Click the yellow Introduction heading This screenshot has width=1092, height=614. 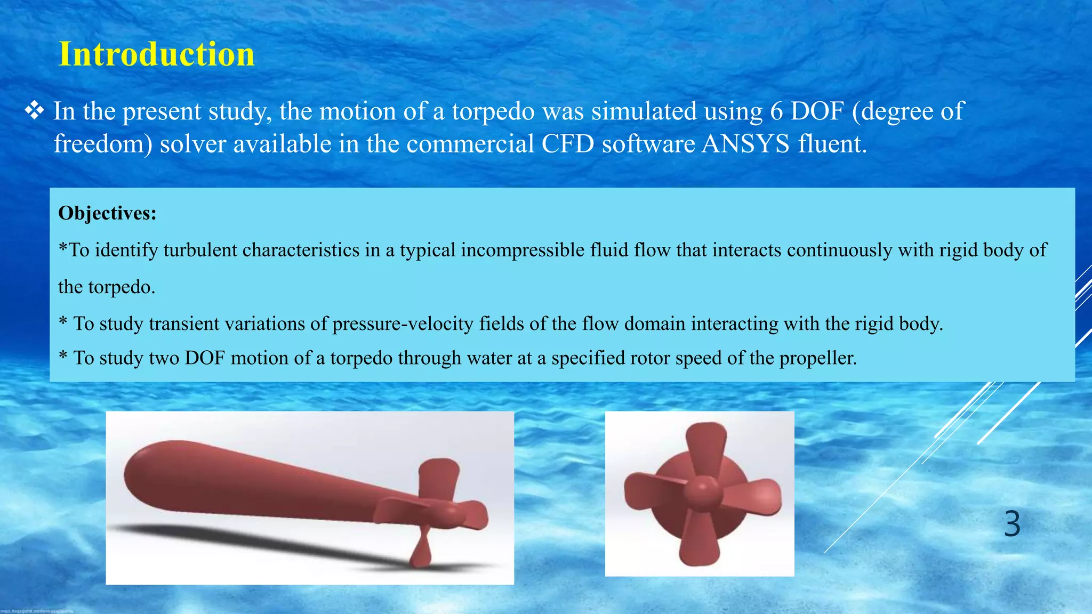[x=156, y=54]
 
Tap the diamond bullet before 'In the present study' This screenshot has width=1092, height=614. [x=35, y=111]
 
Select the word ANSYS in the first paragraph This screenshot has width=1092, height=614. [x=745, y=144]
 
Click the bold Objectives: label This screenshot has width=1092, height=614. [x=107, y=213]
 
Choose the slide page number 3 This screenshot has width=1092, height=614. [x=1012, y=524]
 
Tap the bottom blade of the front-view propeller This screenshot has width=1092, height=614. [x=696, y=541]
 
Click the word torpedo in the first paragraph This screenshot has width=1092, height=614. [x=493, y=111]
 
